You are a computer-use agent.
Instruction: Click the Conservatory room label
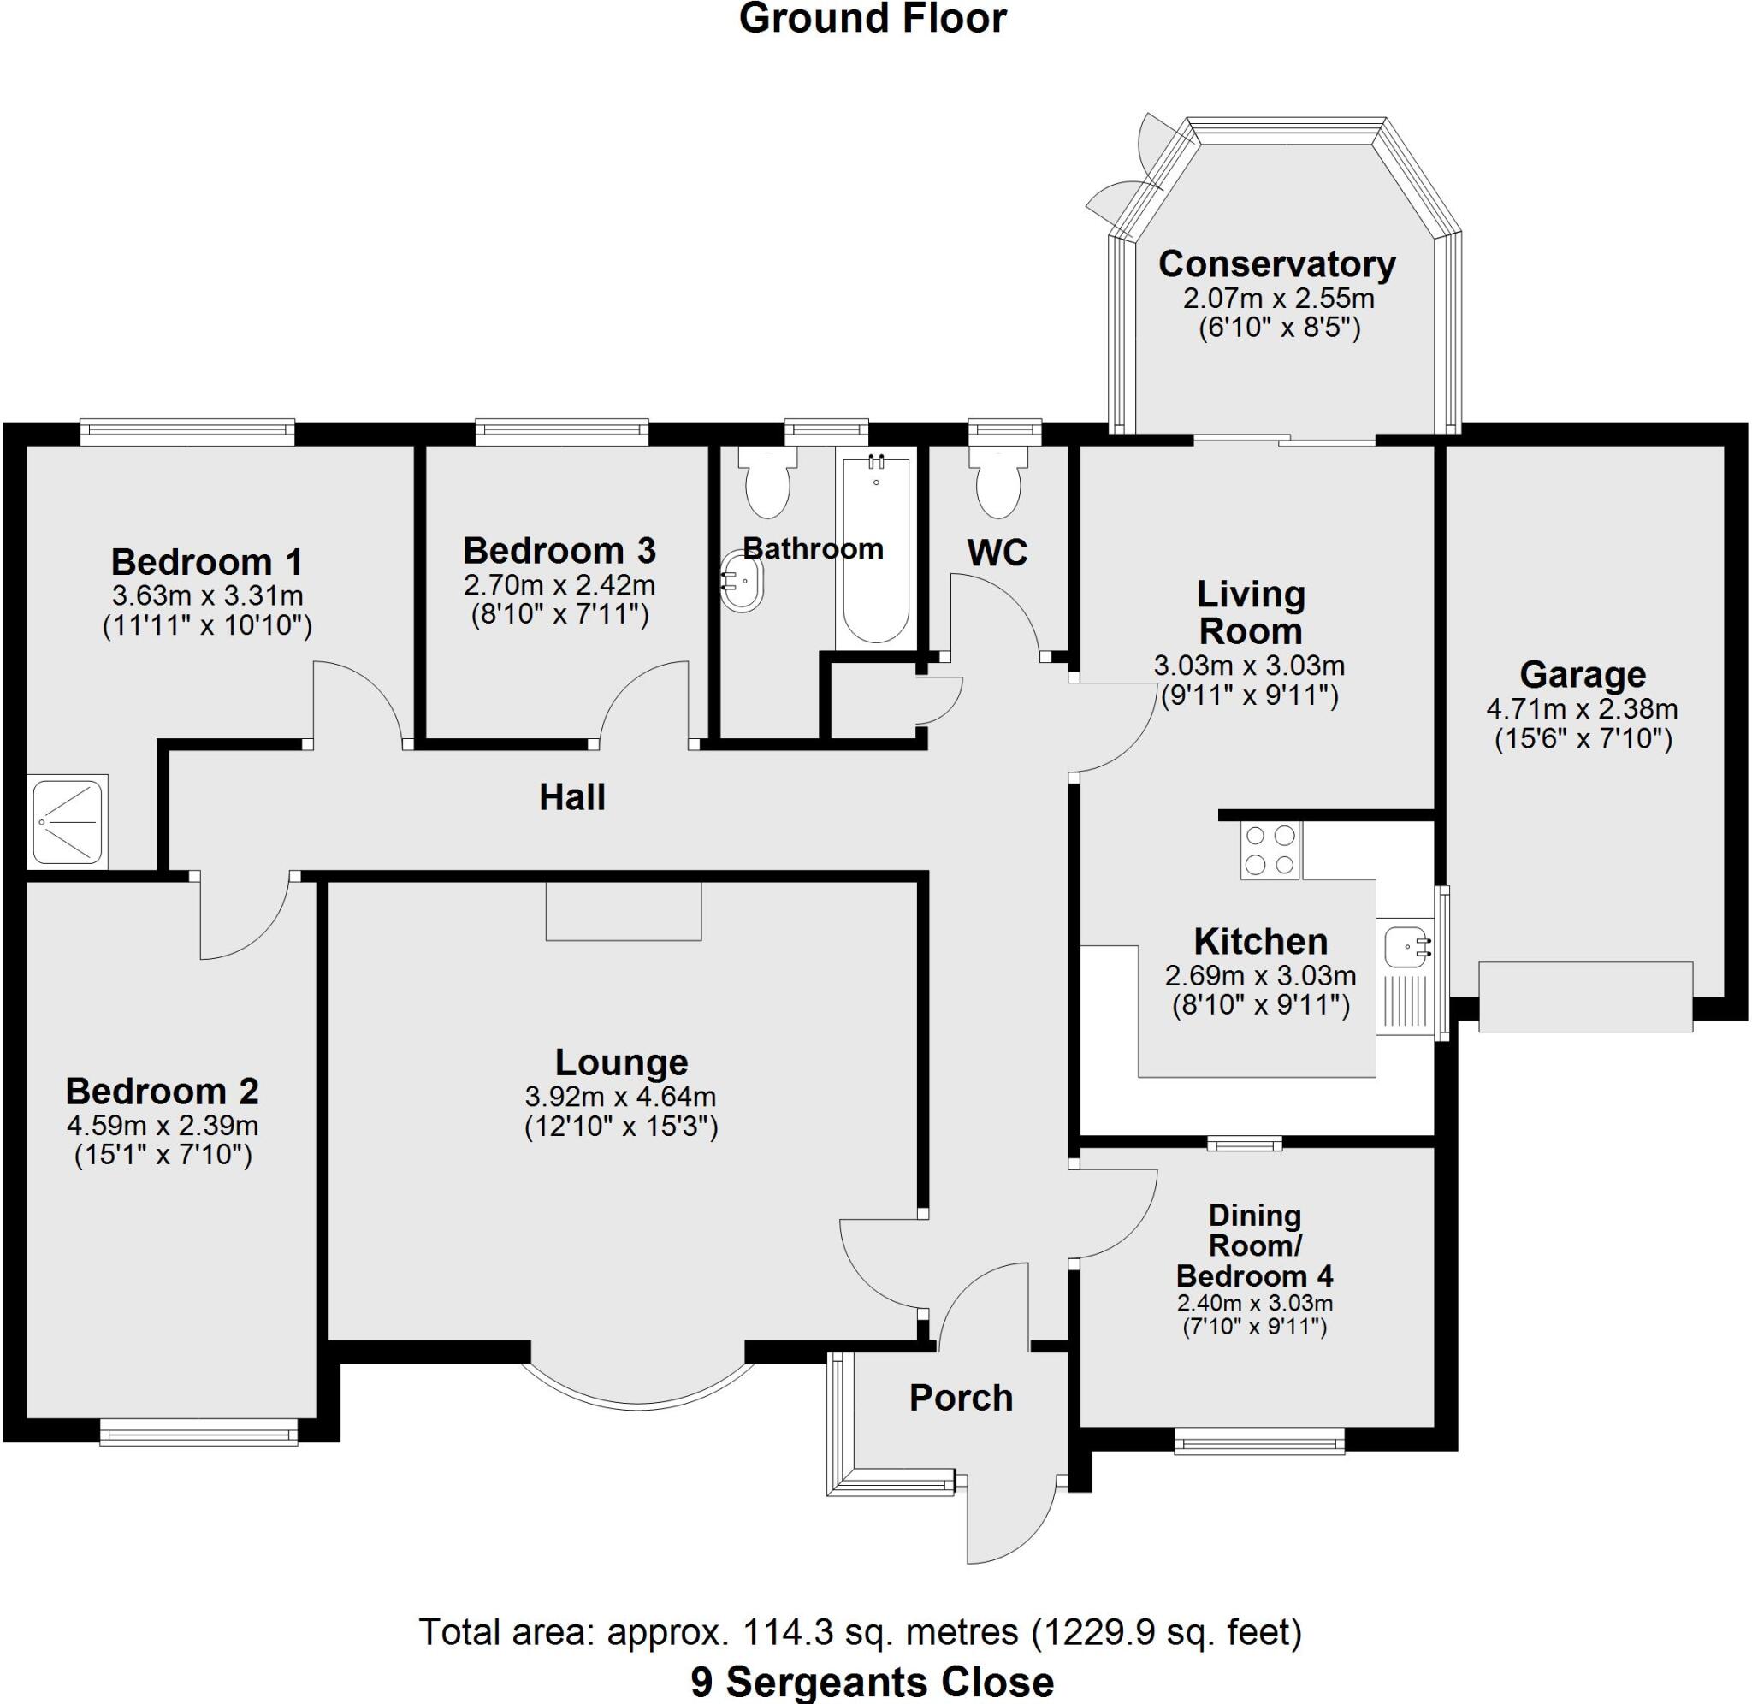click(1276, 265)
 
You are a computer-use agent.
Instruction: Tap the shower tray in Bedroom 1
click(68, 820)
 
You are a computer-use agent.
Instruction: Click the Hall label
click(571, 797)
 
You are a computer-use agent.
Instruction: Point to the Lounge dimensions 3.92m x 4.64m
click(621, 1097)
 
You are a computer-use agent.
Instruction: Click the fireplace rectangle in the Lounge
click(624, 910)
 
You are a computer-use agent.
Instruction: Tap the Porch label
click(961, 1398)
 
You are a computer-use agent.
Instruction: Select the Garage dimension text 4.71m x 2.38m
click(1581, 710)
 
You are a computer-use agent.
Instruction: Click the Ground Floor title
click(873, 20)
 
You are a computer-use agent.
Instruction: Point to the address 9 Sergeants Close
click(873, 1682)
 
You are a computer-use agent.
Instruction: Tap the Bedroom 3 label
click(559, 550)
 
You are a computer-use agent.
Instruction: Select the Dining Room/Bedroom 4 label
click(1254, 1245)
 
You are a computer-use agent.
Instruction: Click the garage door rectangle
click(1584, 996)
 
